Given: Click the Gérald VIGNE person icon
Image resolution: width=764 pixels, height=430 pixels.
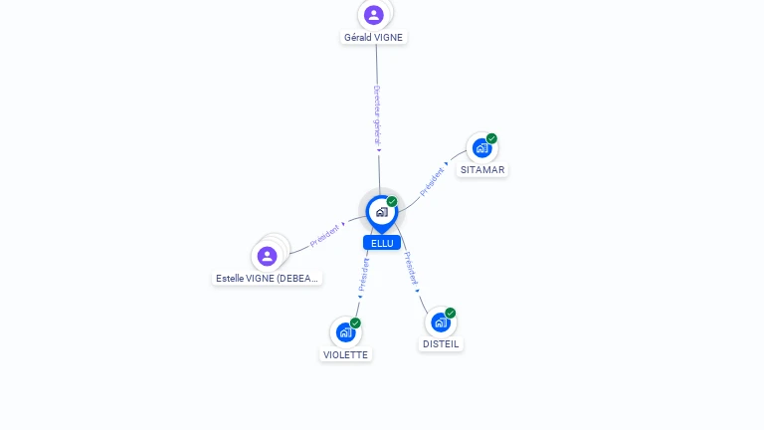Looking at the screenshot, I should pos(374,14).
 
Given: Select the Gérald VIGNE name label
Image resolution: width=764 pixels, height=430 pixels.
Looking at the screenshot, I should pos(375,37).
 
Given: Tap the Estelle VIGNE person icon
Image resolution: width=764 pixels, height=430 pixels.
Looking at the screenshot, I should pos(267,256).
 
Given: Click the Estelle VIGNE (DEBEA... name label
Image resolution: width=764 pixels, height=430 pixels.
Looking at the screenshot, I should pos(268,279).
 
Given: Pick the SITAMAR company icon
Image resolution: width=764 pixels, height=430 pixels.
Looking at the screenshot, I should pos(482,148).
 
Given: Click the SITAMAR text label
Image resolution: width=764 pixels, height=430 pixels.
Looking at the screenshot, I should pos(482,170).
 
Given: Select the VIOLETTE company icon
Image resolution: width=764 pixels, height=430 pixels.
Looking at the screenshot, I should pos(345,331).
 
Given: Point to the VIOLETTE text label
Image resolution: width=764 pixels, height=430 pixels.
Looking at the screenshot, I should pos(345,354).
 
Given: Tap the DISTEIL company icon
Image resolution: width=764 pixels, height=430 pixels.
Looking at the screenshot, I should pos(441,322).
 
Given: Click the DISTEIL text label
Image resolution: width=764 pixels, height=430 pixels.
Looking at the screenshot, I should pos(441,344).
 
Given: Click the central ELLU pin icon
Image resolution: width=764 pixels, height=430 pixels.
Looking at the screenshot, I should pos(381,212).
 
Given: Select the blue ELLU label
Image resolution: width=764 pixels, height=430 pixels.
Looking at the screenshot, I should pos(382,243).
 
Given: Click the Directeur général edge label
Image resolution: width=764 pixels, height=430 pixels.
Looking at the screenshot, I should pos(377,115).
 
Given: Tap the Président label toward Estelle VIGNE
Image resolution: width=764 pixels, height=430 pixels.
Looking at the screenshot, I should pos(325,234).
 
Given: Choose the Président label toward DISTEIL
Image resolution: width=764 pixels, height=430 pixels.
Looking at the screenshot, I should pos(410,269).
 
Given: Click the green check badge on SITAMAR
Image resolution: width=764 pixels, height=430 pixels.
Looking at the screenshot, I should pos(491,138).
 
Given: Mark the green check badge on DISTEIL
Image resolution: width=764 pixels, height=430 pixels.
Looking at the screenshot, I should pos(451,313).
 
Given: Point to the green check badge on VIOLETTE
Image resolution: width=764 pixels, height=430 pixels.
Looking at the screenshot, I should pos(355,322).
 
